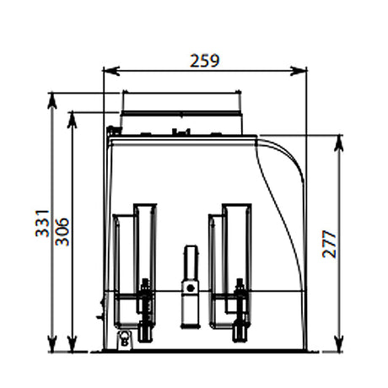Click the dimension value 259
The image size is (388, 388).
pyautogui.click(x=204, y=61)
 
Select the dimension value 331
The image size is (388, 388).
pyautogui.click(x=42, y=224)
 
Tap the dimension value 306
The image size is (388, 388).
pyautogui.click(x=62, y=232)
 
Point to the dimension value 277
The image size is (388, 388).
pyautogui.click(x=329, y=244)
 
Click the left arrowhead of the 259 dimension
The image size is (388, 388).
pyautogui.click(x=111, y=71)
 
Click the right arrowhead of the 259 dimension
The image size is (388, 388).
pyautogui.click(x=299, y=71)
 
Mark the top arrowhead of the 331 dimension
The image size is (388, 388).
pyautogui.click(x=52, y=100)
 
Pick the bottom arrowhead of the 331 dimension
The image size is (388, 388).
pyautogui.click(x=52, y=343)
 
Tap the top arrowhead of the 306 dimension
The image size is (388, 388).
pyautogui.click(x=73, y=120)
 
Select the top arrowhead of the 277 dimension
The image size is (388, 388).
pyautogui.click(x=340, y=143)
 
